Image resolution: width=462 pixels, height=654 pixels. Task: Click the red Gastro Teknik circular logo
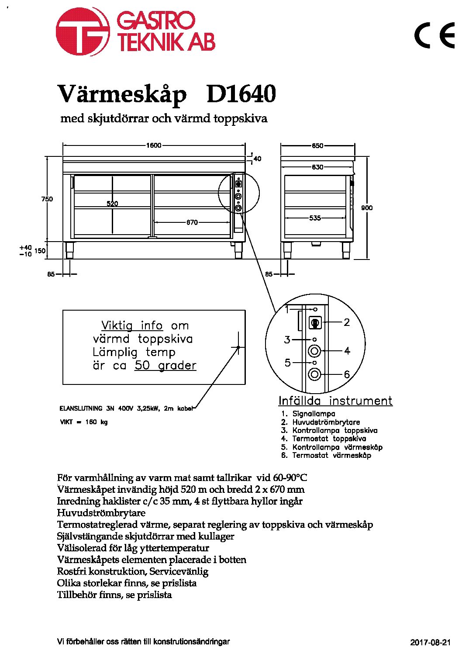click(83, 31)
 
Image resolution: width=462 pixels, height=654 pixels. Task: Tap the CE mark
click(434, 35)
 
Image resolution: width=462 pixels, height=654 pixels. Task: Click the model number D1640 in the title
click(241, 94)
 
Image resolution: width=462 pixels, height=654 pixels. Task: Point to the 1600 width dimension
click(154, 145)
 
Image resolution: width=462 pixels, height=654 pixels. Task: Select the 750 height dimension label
click(47, 199)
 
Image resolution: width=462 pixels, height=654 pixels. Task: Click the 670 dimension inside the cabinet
click(192, 222)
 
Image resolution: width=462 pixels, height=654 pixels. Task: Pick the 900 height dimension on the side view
click(367, 208)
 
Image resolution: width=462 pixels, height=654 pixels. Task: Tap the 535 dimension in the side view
click(315, 218)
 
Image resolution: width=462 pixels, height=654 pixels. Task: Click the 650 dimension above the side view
click(317, 145)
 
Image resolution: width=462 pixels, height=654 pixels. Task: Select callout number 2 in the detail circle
click(346, 322)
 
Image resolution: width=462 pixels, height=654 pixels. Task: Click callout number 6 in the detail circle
click(347, 374)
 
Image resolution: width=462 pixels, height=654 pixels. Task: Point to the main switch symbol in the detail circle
click(315, 323)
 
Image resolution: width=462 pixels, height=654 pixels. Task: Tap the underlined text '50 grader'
click(165, 366)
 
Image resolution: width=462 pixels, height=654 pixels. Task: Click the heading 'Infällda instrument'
click(336, 401)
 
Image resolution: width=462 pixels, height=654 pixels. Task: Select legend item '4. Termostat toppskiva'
click(324, 439)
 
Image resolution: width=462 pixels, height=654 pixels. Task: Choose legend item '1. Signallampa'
click(308, 413)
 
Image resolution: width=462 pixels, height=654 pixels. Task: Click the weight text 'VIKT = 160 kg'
click(84, 422)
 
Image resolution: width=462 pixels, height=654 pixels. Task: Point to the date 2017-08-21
click(430, 642)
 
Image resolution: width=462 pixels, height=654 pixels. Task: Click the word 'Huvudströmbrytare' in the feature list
click(101, 513)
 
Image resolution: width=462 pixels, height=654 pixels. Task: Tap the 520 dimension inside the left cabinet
click(112, 204)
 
